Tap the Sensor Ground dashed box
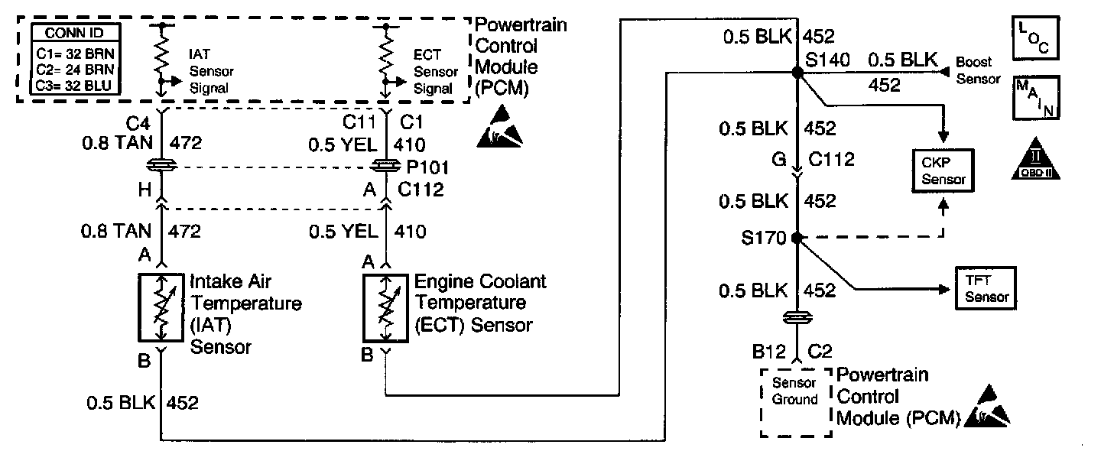pyautogui.click(x=795, y=402)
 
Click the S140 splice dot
pyautogui.click(x=797, y=72)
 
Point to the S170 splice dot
pyautogui.click(x=797, y=238)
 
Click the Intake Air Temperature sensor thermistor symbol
pyautogui.click(x=161, y=307)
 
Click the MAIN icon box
pyautogui.click(x=1035, y=97)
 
